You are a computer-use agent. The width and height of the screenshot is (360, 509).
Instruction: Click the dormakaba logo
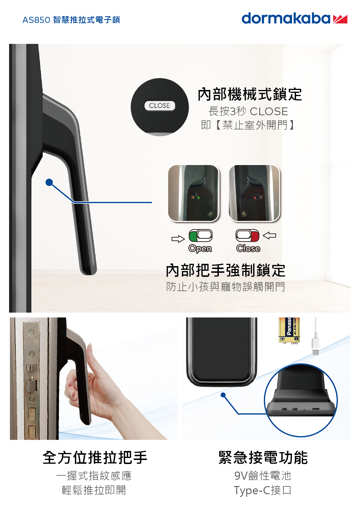click(294, 19)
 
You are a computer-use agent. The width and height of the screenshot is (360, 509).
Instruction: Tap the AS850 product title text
click(71, 20)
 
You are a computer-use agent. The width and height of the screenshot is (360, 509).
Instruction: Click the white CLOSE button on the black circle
click(160, 106)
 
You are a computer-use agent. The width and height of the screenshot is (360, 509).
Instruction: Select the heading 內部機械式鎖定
click(250, 95)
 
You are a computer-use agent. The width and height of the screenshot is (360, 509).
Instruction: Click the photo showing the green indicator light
click(194, 193)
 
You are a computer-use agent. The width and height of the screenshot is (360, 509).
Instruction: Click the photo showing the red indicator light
click(254, 193)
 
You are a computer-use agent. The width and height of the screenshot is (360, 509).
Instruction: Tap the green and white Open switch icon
click(201, 236)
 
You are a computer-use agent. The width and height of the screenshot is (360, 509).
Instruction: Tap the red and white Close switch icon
click(247, 236)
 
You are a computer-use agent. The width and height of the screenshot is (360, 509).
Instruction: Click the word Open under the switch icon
click(200, 248)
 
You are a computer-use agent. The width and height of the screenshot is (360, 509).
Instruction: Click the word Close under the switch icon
click(248, 248)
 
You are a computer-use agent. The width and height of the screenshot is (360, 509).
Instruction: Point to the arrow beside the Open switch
click(178, 239)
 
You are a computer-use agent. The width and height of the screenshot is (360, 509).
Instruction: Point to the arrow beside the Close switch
click(269, 235)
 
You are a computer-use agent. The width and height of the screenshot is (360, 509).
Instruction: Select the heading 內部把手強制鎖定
click(226, 270)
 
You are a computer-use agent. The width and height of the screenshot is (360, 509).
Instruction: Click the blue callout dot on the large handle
click(49, 182)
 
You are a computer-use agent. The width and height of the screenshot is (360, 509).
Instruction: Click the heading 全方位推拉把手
click(95, 458)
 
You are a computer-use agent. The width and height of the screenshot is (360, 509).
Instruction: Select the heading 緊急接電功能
click(263, 458)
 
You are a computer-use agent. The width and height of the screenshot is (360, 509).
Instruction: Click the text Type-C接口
click(262, 490)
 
